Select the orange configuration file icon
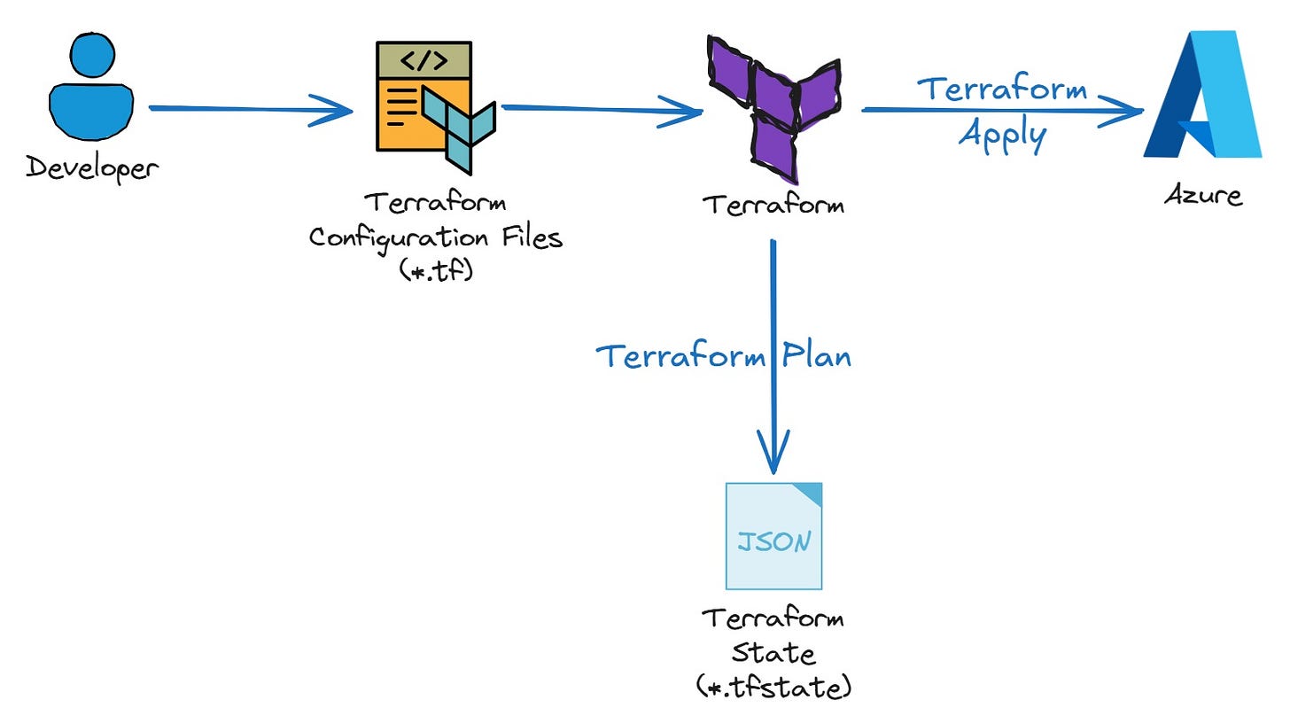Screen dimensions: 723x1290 (424, 97)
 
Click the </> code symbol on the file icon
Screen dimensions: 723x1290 (424, 60)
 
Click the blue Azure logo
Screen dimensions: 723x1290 (1203, 95)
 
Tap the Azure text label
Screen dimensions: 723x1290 (1202, 196)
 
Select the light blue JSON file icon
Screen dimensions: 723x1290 (773, 536)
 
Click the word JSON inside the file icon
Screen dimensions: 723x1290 (773, 540)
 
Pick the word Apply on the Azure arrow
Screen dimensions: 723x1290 (1002, 136)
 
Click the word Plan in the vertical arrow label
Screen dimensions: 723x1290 (816, 355)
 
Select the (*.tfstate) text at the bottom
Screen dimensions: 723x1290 (773, 687)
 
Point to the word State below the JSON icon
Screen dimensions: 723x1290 (773, 653)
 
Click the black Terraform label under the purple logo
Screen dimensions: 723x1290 (773, 205)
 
